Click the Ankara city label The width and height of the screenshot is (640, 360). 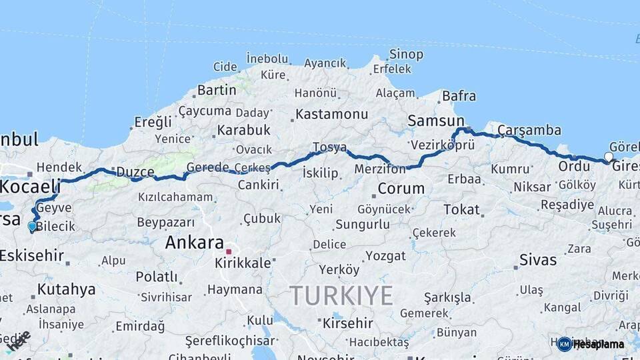coord(194,243)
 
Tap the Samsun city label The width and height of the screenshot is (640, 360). coord(436,121)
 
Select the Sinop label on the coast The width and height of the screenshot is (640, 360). coord(406,55)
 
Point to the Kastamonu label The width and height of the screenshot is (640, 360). coord(332,114)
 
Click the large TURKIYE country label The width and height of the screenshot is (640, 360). coord(341,295)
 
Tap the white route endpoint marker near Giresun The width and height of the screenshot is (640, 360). coord(609,157)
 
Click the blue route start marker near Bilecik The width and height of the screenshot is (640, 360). coord(32,226)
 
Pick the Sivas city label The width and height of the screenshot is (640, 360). coord(537,259)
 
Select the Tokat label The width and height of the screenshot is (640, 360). coord(461,209)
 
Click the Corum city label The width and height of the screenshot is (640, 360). coord(401,189)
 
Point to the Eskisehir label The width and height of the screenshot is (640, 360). coord(31,255)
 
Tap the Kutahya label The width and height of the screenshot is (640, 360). coord(66,289)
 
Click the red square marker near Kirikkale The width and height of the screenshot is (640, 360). coord(229,252)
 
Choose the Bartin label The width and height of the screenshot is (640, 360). coord(217,90)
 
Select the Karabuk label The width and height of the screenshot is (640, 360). coord(243,130)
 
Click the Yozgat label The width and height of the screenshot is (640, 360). coord(385,256)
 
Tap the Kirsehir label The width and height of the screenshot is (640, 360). coord(347,323)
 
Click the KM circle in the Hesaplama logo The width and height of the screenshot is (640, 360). coord(564,344)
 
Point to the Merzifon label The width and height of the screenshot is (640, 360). coord(380,169)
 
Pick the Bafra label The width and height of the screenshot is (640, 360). coord(459,96)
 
